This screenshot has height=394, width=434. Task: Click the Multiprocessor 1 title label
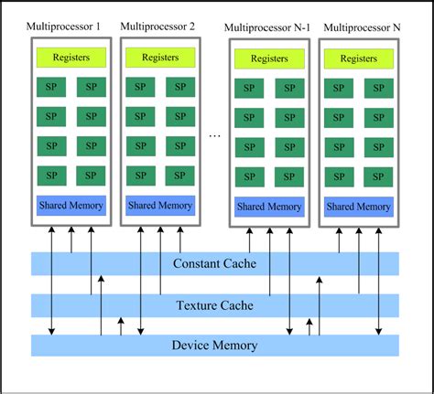[x=66, y=27]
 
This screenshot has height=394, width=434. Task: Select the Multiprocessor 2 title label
[x=157, y=27]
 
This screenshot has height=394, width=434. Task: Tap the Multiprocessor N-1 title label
[x=268, y=27]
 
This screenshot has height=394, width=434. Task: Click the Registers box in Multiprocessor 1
[x=71, y=57]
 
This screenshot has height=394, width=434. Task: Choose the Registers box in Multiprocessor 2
[x=160, y=57]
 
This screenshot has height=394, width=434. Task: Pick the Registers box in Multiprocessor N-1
[x=268, y=59]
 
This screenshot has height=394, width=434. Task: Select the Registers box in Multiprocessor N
[x=359, y=59]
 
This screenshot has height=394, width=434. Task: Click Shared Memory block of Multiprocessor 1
[x=71, y=206]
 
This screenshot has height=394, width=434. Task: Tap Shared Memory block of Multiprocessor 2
[x=160, y=206]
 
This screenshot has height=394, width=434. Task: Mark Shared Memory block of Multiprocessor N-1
[x=268, y=208]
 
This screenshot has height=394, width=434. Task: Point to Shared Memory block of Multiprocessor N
[x=359, y=208]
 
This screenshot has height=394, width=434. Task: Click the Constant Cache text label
[x=214, y=264]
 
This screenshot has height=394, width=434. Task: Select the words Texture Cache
[x=214, y=305]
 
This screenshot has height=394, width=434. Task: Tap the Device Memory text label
[x=215, y=346]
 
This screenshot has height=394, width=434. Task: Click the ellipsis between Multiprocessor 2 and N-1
[x=214, y=136]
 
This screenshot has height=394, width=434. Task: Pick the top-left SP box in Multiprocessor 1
[x=51, y=88]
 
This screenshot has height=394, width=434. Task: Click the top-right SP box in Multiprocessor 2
[x=180, y=88]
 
